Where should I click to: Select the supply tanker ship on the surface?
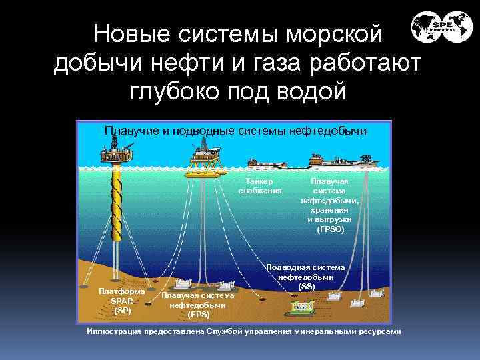coord(267,162)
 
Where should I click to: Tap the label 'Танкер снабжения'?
coord(260,185)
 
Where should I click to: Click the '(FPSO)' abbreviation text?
coord(330,229)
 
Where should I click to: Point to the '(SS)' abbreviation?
coord(306,287)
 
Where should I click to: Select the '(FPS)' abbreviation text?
coord(199,313)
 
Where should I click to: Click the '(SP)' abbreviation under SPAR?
coord(122,310)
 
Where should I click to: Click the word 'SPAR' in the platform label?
coord(122,301)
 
